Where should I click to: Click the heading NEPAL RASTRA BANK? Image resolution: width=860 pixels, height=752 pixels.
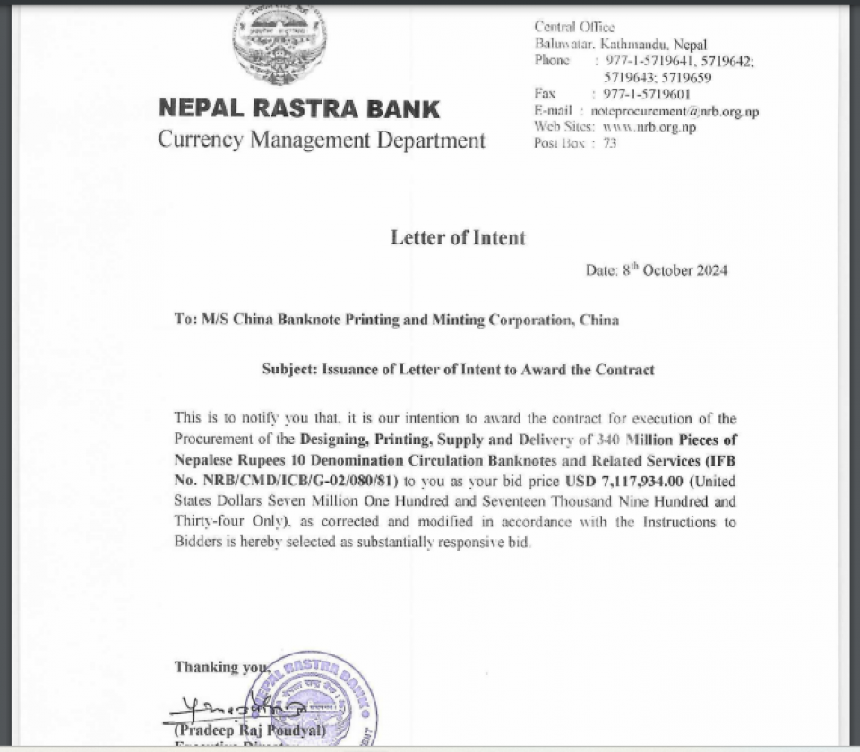click(299, 109)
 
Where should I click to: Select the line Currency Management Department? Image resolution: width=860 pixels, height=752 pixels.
click(322, 141)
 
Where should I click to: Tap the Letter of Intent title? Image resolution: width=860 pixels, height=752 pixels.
click(458, 238)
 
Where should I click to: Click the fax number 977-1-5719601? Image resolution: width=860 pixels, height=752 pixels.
click(646, 93)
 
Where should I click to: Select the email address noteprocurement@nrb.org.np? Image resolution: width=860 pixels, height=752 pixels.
click(675, 111)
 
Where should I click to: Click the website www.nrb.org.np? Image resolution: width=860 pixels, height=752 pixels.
click(656, 127)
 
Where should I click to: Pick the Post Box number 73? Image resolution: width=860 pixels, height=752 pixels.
click(610, 143)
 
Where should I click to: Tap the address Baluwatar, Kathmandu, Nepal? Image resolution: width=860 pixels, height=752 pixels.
click(621, 44)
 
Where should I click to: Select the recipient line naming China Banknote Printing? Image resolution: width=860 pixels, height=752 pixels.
click(396, 320)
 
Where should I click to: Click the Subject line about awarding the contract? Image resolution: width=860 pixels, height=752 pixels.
click(458, 369)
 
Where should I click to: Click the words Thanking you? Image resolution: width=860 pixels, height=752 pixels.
click(221, 667)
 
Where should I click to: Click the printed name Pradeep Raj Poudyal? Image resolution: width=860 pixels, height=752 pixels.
click(244, 731)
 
